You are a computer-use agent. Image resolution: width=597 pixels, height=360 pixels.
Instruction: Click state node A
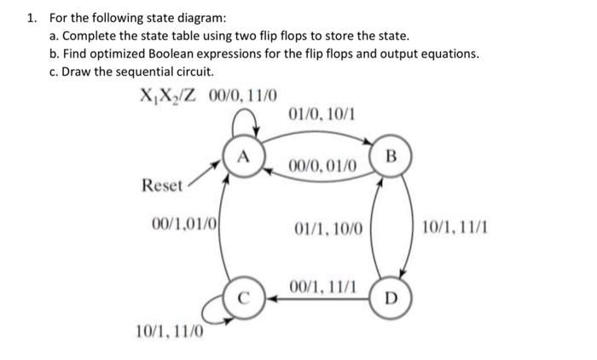tap(243, 157)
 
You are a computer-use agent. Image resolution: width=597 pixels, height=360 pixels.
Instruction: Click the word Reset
tap(162, 185)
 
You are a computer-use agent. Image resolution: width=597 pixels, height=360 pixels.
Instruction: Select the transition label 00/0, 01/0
tap(326, 165)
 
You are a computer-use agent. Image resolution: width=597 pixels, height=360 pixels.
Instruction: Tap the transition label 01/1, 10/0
tap(328, 229)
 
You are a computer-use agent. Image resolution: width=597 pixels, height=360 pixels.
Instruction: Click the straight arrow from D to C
tap(316, 299)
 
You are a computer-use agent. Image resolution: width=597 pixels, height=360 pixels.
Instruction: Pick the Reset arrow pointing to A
tap(206, 174)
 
